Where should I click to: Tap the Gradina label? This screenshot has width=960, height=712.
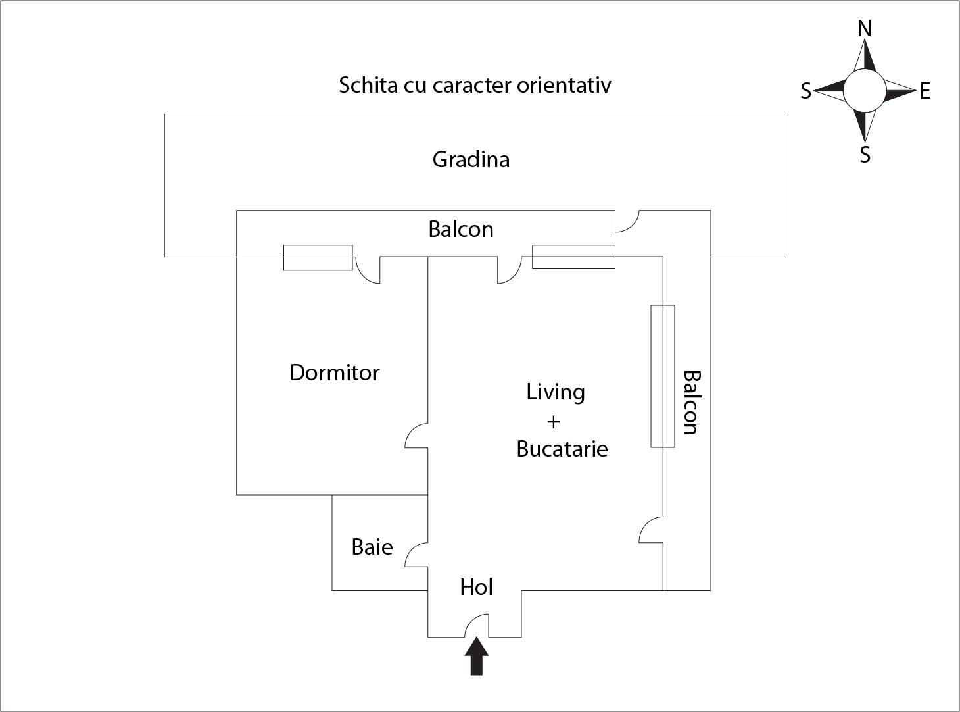coord(471,160)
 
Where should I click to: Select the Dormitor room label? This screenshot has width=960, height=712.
coord(335,373)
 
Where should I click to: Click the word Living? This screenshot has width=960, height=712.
coord(555,392)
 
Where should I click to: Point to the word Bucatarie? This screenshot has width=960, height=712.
coord(562,449)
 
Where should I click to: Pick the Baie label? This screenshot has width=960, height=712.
coord(372,547)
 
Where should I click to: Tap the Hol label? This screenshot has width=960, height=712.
coord(476,587)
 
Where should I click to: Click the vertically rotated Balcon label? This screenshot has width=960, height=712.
coord(690,402)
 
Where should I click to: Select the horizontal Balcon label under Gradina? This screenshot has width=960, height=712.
coord(460,229)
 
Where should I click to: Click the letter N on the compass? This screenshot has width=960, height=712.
coord(865,29)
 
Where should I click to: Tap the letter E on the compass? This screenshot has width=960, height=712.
coord(925,91)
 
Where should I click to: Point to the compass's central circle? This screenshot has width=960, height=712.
coord(865,91)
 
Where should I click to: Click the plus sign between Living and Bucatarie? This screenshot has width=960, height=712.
coord(553,422)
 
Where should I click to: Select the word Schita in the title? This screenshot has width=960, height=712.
coord(365,86)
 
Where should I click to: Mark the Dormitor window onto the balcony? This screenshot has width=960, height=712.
coord(318,257)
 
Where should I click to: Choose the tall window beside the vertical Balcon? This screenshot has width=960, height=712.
coord(663,376)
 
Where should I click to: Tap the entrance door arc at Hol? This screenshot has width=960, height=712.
coord(477,625)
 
